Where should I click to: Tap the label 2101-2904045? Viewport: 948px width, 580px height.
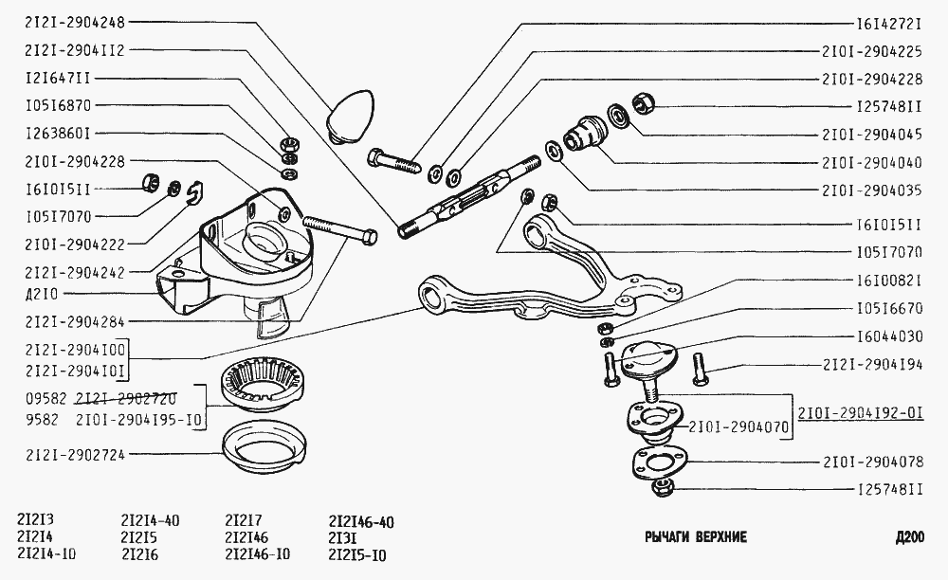pyautogui.click(x=872, y=134)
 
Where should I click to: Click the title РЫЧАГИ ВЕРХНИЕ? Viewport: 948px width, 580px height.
pyautogui.click(x=695, y=537)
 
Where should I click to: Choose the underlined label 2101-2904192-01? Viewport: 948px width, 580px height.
pyautogui.click(x=859, y=413)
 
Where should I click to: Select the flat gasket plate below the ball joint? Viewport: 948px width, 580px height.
pyautogui.click(x=662, y=463)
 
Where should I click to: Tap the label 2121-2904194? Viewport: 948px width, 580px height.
pyautogui.click(x=872, y=364)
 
